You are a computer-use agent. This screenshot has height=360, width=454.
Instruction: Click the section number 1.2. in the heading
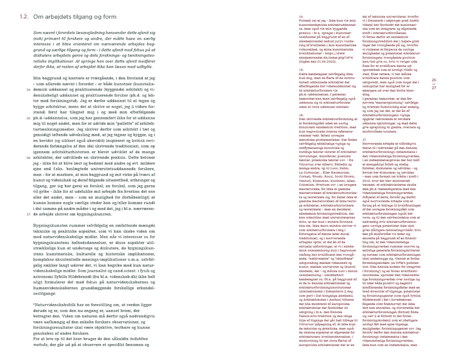coord(24,17)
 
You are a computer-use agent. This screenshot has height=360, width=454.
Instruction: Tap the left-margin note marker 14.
coord(28,89)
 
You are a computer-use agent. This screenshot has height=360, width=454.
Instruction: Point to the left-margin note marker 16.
coord(28,144)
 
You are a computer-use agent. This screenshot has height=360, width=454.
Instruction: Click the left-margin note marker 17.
coord(28,201)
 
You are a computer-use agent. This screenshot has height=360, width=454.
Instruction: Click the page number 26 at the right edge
coord(434,80)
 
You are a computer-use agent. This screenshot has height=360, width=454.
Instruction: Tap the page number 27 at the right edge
coord(434,88)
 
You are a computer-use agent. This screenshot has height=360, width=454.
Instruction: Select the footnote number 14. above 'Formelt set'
coord(301,17)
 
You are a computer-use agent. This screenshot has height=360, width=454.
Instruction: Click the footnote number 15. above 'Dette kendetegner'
coord(301,70)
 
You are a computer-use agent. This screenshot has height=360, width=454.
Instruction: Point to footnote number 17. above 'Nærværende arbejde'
coord(364,127)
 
